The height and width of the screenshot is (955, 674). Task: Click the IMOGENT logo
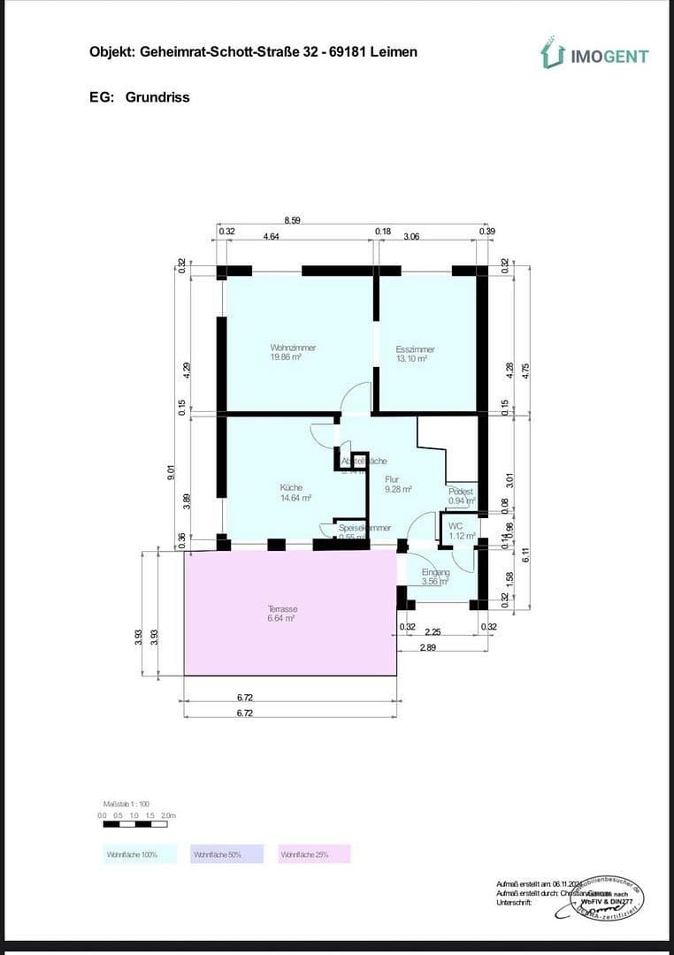tap(594, 55)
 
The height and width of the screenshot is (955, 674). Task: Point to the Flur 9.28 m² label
tap(398, 485)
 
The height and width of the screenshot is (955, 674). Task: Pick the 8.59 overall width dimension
tap(293, 220)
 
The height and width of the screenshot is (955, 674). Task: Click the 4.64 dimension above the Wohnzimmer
tap(272, 237)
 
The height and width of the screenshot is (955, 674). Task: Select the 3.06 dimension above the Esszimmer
tap(411, 237)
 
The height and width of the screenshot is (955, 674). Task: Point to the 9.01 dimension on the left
tap(171, 475)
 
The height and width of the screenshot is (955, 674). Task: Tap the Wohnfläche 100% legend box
tap(132, 854)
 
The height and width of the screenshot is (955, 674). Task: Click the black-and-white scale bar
tap(139, 824)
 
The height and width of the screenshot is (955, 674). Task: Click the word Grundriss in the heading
tap(157, 97)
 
